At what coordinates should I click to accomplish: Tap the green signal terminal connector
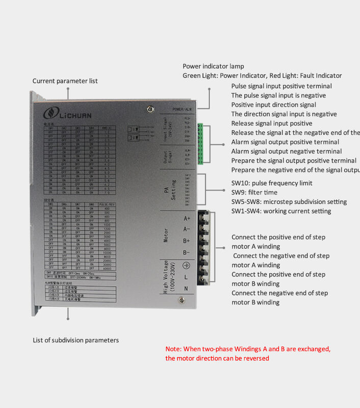(x=202, y=145)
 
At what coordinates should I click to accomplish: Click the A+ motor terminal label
(x=187, y=218)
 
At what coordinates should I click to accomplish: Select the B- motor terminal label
(x=187, y=252)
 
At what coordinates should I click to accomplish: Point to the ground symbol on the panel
(x=187, y=265)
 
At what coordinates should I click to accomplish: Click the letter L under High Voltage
(x=187, y=277)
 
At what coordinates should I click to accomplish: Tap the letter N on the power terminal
(x=187, y=289)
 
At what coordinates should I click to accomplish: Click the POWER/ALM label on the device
(x=182, y=109)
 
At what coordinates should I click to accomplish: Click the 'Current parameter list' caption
(x=65, y=81)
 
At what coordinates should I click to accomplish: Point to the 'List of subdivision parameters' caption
(x=75, y=340)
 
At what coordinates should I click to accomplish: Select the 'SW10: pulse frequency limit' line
(x=272, y=183)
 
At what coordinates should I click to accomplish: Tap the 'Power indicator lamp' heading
(x=213, y=66)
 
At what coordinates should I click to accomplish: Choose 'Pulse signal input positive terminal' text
(x=281, y=86)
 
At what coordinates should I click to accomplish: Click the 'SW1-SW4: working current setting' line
(x=281, y=211)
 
